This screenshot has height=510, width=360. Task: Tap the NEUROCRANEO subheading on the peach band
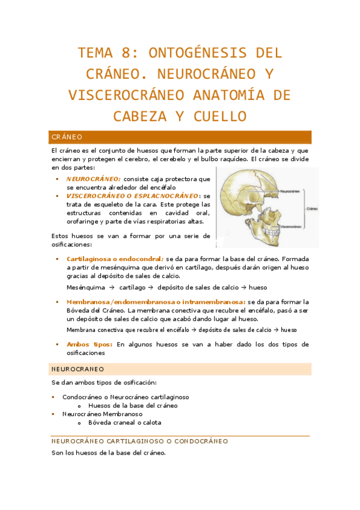tap(78, 369)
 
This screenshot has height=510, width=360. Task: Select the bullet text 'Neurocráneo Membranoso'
tap(102, 414)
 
